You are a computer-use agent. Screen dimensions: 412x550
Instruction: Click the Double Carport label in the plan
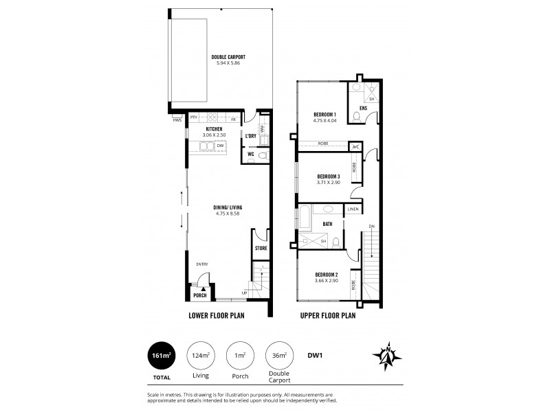pyautogui.click(x=230, y=57)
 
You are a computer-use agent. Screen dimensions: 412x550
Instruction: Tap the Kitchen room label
pyautogui.click(x=214, y=128)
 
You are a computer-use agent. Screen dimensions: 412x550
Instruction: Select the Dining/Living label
pyautogui.click(x=227, y=207)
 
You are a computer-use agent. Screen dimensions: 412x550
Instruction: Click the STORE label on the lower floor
pyautogui.click(x=261, y=248)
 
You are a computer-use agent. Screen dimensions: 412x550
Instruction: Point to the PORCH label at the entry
pyautogui.click(x=199, y=296)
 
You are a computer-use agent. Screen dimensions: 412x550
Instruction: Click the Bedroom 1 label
pyautogui.click(x=324, y=114)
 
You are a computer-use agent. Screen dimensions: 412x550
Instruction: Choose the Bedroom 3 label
pyautogui.click(x=327, y=176)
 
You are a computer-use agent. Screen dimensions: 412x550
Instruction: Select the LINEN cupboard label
pyautogui.click(x=353, y=209)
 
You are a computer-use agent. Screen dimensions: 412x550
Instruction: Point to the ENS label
pyautogui.click(x=363, y=108)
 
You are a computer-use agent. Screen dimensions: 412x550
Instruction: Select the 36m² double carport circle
pyautogui.click(x=279, y=356)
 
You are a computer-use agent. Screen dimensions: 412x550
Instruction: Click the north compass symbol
pyautogui.click(x=386, y=356)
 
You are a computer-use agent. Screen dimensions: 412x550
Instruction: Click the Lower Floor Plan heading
pyautogui.click(x=217, y=317)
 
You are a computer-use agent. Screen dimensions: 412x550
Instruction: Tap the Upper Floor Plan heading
pyautogui.click(x=327, y=317)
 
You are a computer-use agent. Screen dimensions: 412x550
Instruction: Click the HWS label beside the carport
pyautogui.click(x=177, y=120)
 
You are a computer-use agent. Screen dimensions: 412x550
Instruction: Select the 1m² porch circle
pyautogui.click(x=239, y=356)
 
